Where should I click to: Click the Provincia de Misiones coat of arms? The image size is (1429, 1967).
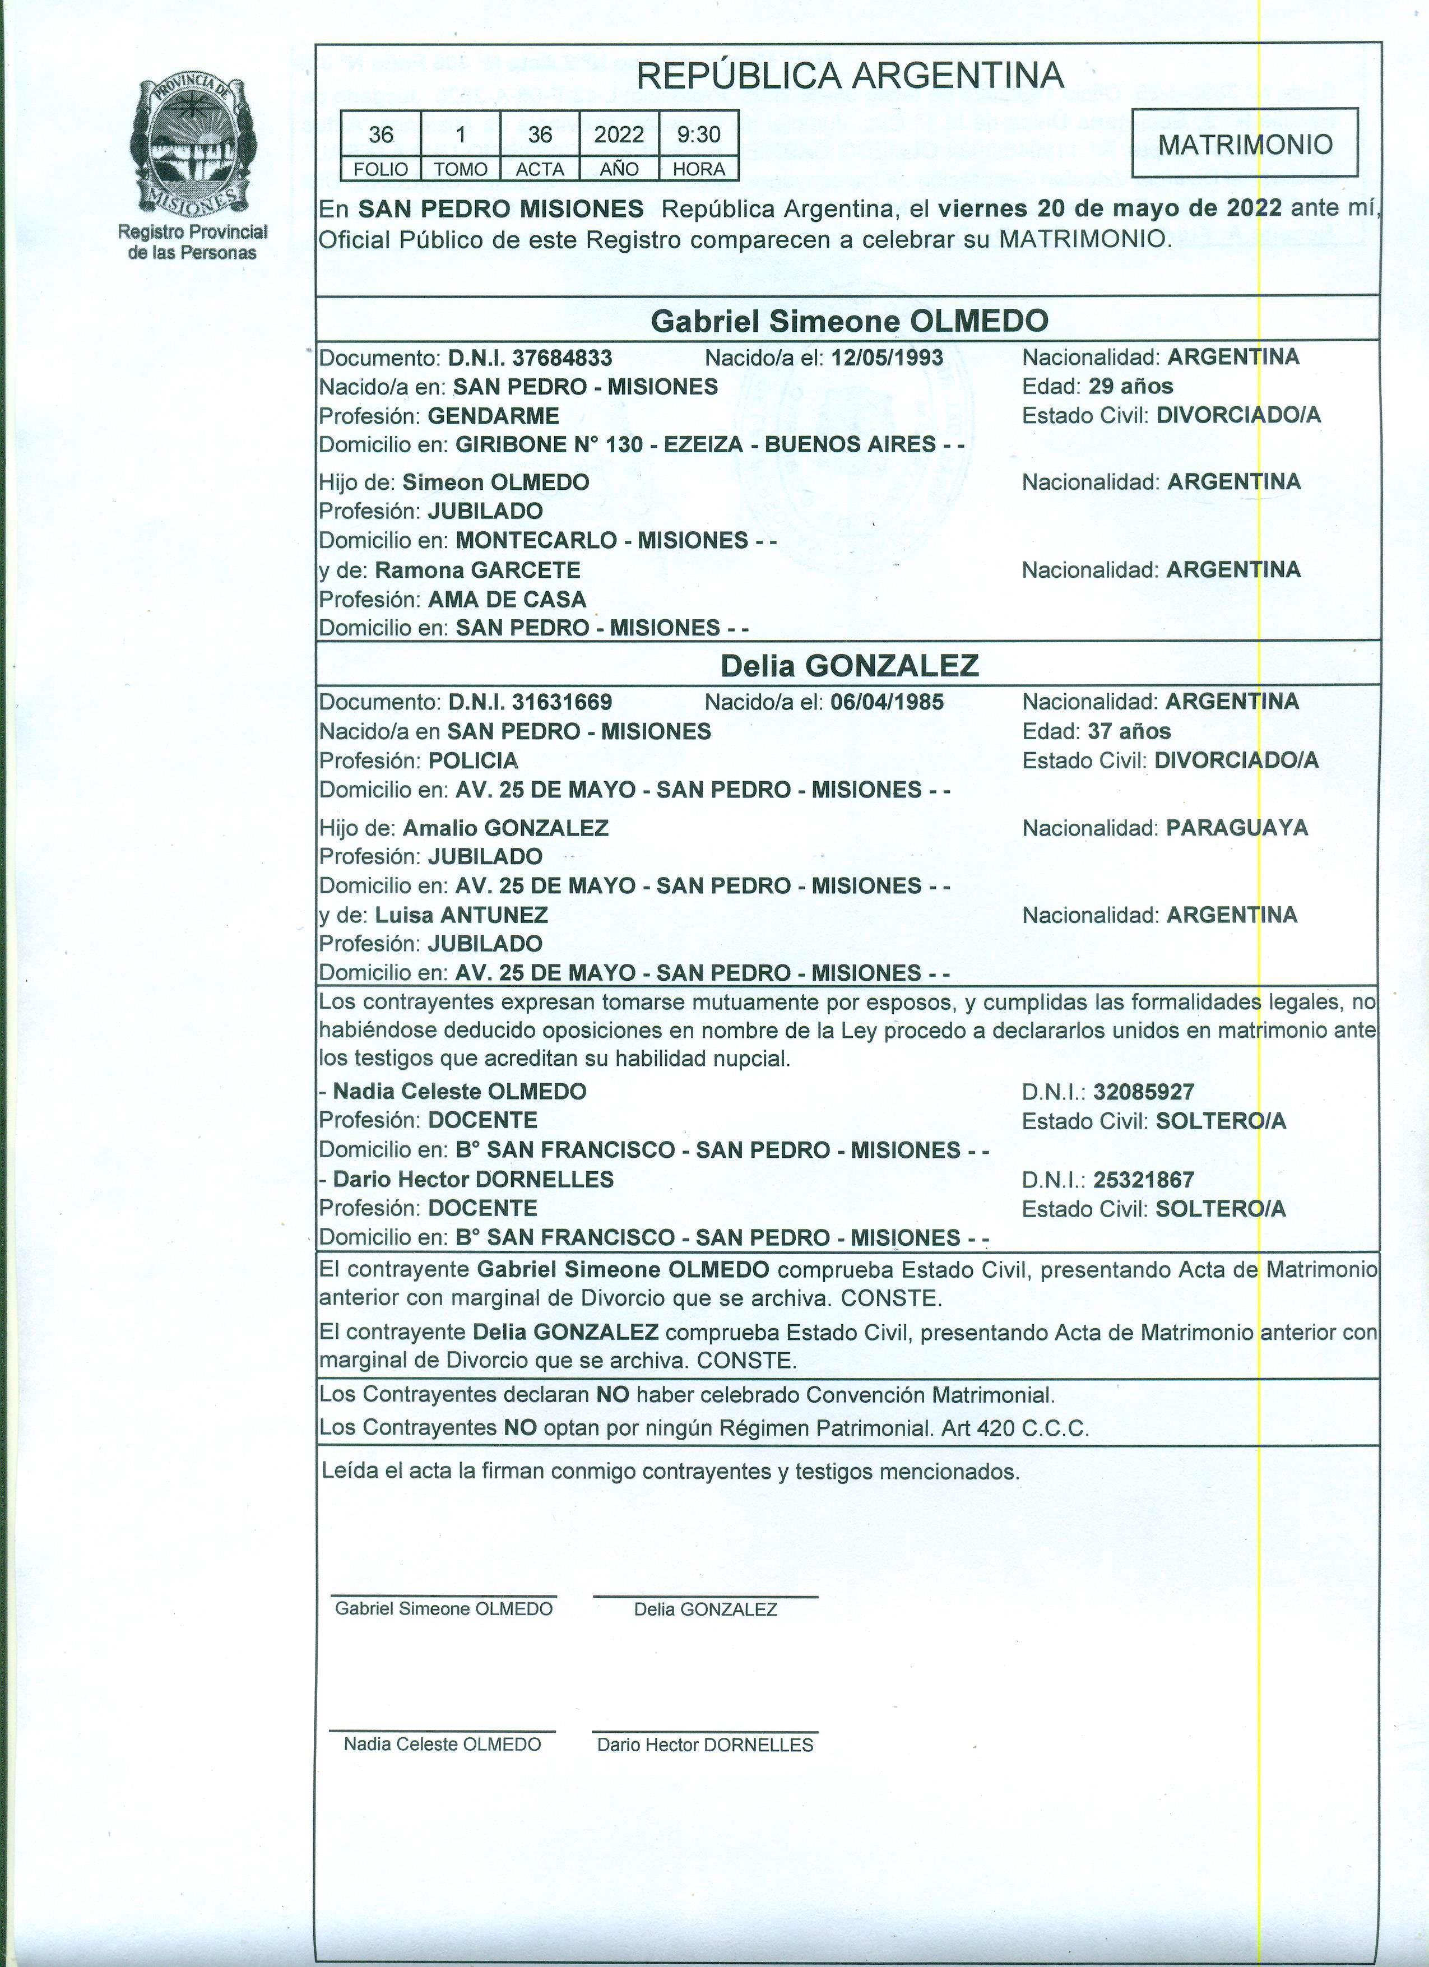(x=188, y=147)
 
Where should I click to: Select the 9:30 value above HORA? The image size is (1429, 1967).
(x=698, y=134)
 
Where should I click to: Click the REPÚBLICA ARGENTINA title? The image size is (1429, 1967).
(x=849, y=76)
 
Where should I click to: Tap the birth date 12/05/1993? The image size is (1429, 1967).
(x=886, y=358)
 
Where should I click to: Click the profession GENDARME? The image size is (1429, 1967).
(x=493, y=415)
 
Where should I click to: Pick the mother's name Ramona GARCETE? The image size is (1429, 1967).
(x=478, y=570)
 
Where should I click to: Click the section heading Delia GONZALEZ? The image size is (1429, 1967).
(x=849, y=665)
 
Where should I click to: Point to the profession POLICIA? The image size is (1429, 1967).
(x=472, y=760)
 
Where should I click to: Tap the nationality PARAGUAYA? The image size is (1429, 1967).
(x=1236, y=827)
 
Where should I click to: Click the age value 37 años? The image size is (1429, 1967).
(x=1129, y=731)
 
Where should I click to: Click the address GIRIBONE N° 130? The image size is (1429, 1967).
(x=550, y=444)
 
